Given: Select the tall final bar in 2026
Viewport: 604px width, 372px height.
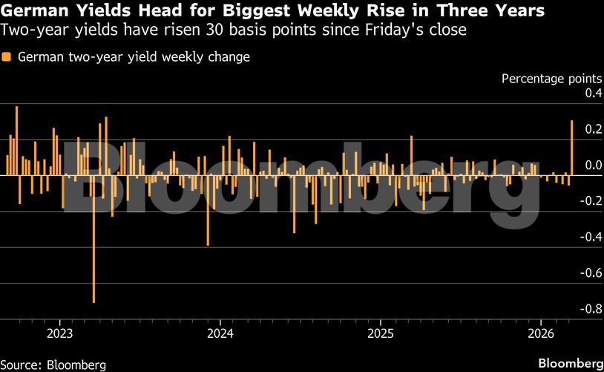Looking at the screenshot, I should pos(571,148).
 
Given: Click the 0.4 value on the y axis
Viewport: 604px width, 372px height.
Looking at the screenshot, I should pos(593,94).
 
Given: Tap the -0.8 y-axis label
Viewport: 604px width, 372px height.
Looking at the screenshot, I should pos(591,309).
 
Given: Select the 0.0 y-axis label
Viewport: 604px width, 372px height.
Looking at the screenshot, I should pos(593,165).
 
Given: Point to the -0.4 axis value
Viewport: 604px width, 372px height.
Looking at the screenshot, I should pos(591,237).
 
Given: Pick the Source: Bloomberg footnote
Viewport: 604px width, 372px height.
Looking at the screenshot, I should pos(53,365).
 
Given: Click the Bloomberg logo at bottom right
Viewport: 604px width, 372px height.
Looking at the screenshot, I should pos(569,363).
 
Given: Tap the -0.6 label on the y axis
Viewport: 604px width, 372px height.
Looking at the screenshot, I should pos(591,273).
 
